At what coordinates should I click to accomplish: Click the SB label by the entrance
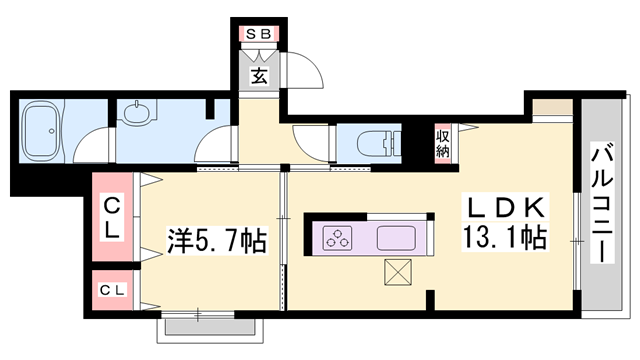(258, 33)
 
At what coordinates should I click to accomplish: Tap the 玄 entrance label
(258, 76)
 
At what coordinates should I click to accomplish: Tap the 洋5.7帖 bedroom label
(216, 241)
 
